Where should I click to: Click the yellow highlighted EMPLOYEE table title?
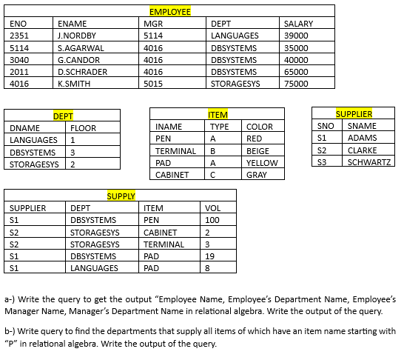point(169,12)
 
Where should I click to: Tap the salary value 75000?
point(296,84)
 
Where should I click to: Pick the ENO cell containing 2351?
point(19,36)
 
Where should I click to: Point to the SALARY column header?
point(299,24)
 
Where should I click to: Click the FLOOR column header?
point(83,128)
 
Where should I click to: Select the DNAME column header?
point(25,128)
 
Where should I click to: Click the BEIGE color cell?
point(258,151)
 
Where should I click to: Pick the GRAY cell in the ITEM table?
point(256,175)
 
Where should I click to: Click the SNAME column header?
point(362,126)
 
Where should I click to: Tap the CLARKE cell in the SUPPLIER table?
point(363,150)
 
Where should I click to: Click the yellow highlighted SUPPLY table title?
point(121,196)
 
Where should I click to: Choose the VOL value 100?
point(213,220)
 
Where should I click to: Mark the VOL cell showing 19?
point(210,256)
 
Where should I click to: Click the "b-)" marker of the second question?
point(10,331)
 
